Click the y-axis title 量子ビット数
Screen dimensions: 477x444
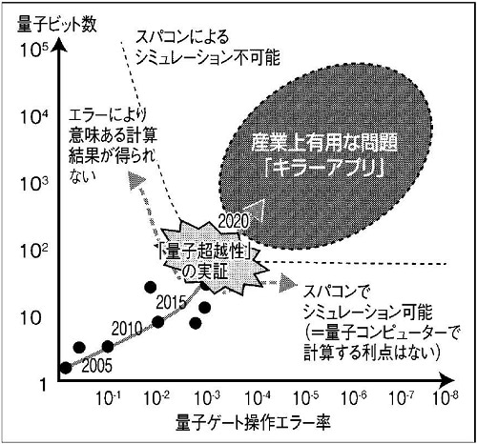click(x=57, y=24)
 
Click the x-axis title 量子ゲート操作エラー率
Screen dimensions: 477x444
click(x=253, y=422)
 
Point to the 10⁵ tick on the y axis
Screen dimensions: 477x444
click(x=34, y=50)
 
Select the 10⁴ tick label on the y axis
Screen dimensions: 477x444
click(x=34, y=116)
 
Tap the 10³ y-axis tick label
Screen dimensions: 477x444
click(x=34, y=183)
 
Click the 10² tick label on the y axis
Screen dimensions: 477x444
click(x=34, y=251)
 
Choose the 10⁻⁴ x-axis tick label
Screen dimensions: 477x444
click(x=257, y=398)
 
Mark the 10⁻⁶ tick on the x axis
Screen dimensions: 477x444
click(x=354, y=398)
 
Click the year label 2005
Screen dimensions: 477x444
click(x=97, y=366)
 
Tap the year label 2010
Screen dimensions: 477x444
click(x=127, y=329)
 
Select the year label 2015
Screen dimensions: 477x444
click(x=171, y=302)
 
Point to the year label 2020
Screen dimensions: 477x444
click(x=233, y=221)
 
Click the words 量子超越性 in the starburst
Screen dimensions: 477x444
click(x=204, y=253)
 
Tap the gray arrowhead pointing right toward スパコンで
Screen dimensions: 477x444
click(x=288, y=283)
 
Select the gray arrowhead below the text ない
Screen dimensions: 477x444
click(x=136, y=180)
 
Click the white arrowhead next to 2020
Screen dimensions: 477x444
click(x=256, y=210)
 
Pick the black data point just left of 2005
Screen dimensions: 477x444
click(x=66, y=368)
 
